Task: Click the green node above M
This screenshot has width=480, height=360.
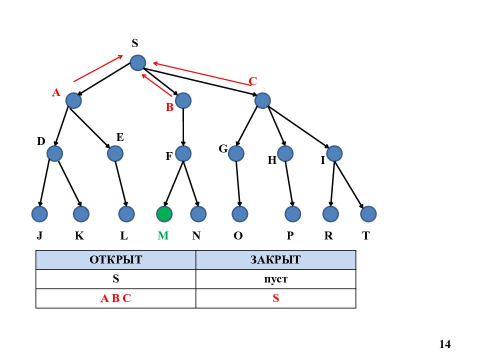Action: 164,213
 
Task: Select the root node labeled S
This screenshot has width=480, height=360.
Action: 138,63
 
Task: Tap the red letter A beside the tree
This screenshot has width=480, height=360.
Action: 56,92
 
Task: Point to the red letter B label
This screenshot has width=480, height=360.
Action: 169,107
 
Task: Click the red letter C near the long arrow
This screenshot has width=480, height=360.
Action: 252,81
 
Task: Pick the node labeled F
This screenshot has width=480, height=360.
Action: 183,153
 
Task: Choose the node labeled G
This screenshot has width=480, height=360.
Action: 236,153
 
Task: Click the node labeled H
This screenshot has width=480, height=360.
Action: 285,153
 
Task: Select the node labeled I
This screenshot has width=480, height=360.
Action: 334,153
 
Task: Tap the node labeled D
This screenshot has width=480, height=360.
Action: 55,153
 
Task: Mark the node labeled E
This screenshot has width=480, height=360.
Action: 115,153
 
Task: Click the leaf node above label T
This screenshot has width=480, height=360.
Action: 368,213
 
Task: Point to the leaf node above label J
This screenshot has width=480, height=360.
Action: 39,213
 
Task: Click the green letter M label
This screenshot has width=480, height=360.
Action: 163,235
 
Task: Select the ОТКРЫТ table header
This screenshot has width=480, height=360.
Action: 115,260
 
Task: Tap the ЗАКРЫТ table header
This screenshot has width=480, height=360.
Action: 275,260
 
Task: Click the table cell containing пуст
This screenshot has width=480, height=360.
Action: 275,279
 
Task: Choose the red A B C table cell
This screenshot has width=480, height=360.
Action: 115,298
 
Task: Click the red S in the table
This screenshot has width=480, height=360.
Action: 276,298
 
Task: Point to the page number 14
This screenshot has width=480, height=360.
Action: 445,344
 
